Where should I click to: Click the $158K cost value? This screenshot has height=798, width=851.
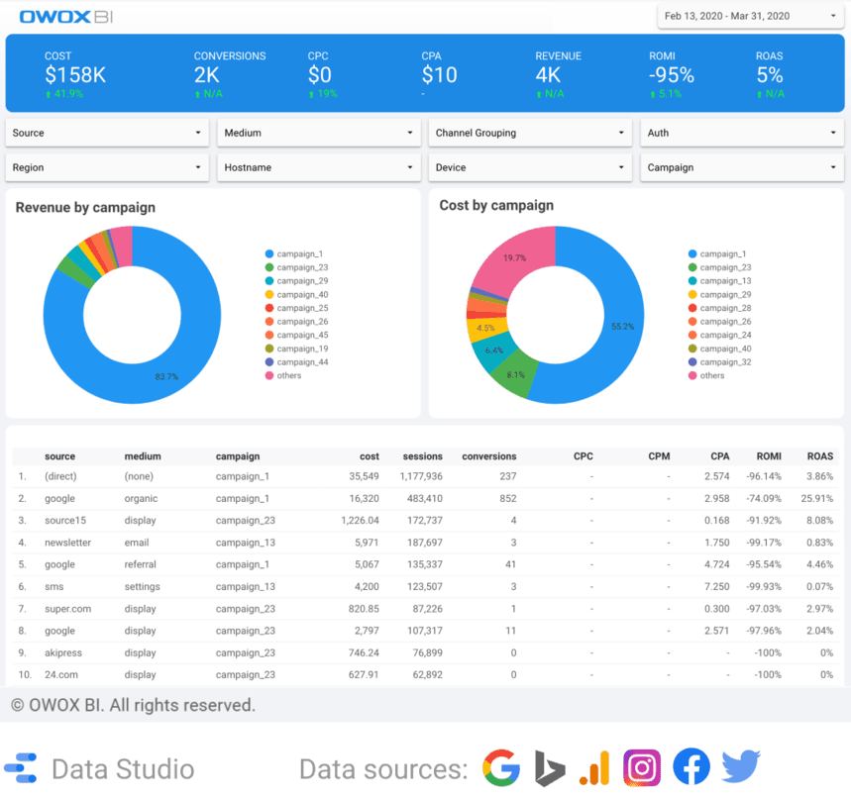(76, 75)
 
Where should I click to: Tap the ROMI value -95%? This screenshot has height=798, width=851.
(671, 75)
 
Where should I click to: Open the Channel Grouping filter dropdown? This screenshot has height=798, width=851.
(529, 133)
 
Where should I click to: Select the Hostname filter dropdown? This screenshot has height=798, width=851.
(318, 167)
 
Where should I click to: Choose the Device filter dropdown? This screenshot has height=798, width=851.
(529, 167)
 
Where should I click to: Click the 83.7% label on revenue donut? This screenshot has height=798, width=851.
(166, 376)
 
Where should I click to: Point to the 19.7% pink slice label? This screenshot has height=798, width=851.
(514, 257)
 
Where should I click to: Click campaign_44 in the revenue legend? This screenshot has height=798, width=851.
(302, 362)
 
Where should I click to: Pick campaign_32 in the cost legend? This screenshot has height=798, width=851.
(725, 362)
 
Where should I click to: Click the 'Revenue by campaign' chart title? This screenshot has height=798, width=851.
(85, 208)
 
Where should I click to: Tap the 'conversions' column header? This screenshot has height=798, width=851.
(488, 456)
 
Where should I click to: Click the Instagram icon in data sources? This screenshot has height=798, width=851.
(642, 768)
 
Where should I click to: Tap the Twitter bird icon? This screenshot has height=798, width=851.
(740, 768)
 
